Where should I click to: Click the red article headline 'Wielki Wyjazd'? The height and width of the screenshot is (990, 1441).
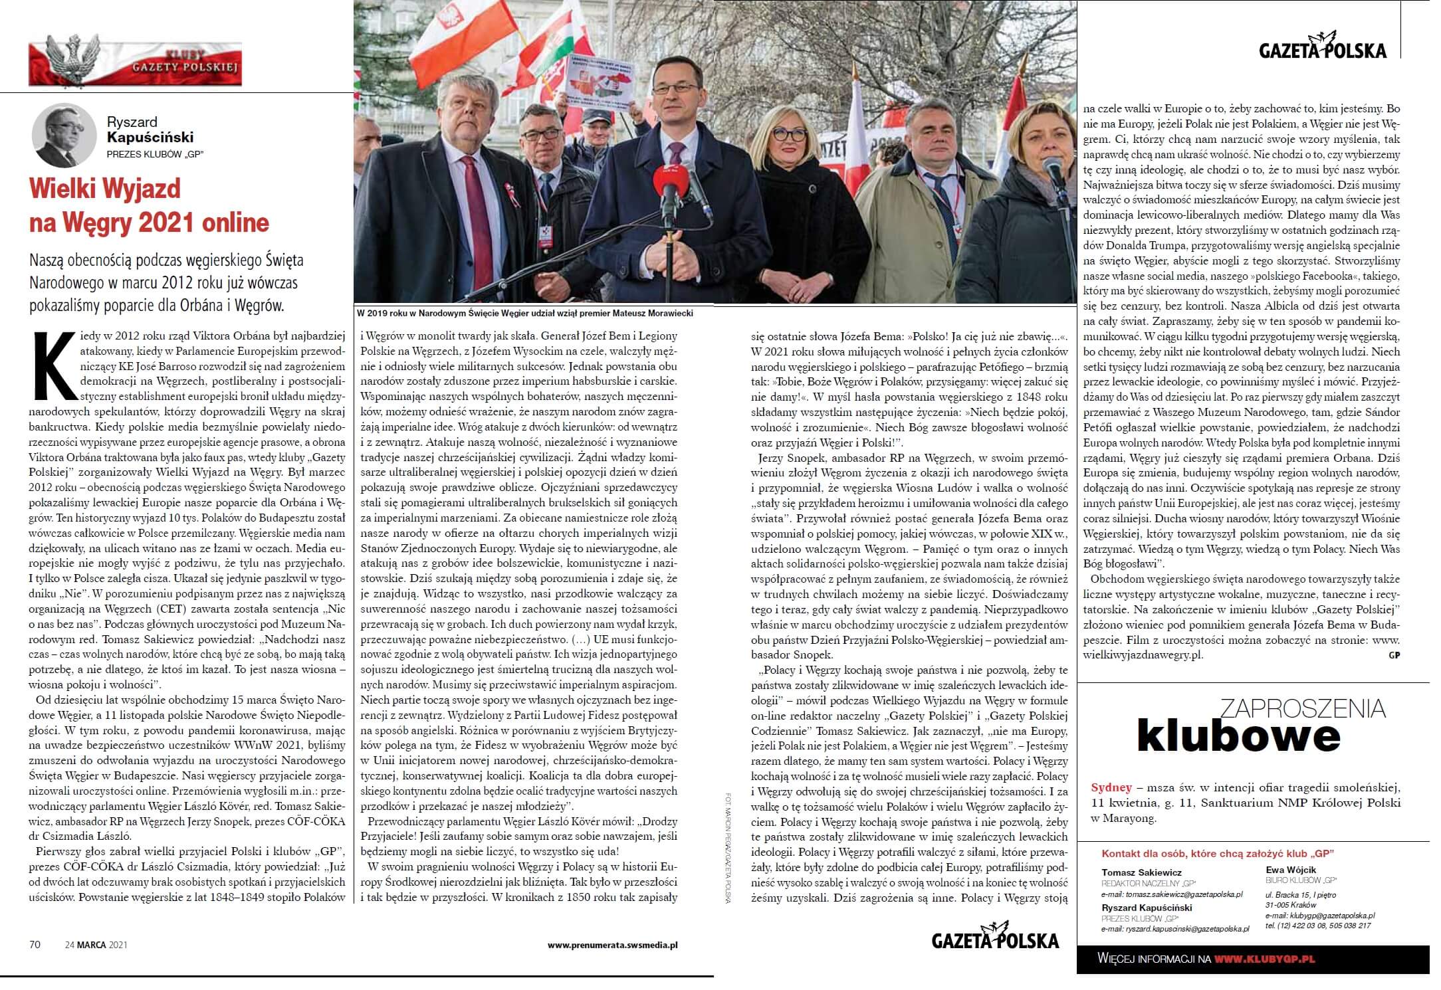click(105, 189)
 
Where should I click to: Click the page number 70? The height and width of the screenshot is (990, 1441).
click(35, 944)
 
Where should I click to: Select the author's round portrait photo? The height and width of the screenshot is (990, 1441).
click(64, 136)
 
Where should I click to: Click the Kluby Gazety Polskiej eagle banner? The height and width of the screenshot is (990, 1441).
click(135, 64)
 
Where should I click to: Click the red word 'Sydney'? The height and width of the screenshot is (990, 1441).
click(1111, 787)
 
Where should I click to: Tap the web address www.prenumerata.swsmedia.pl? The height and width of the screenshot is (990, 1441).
click(612, 944)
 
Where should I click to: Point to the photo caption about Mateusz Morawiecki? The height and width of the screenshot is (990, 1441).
click(525, 313)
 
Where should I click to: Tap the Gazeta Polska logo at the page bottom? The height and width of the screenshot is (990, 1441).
click(995, 938)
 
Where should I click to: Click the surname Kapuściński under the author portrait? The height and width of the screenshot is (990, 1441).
click(150, 138)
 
